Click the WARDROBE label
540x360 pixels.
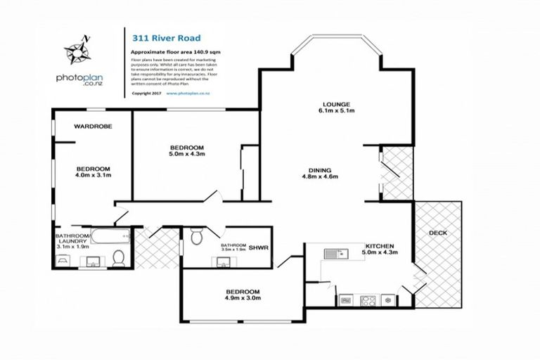coord(94,126)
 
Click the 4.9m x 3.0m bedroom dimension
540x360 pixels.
coord(243,298)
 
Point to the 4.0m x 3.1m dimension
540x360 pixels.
coord(94,176)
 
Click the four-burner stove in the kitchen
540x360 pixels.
coord(368,300)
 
